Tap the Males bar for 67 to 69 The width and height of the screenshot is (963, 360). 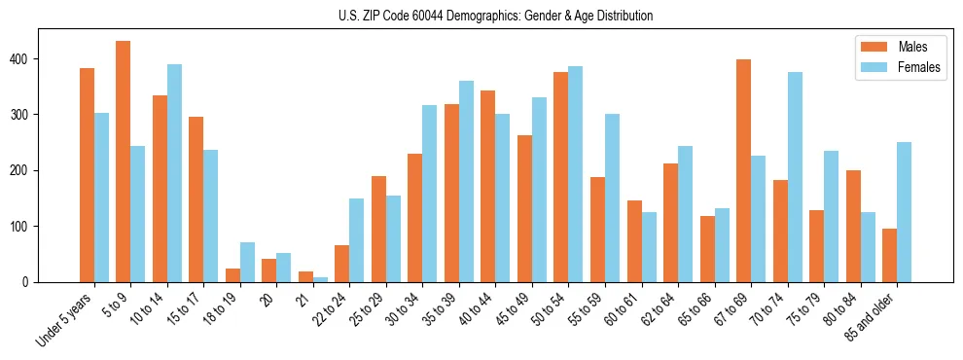[x=743, y=170]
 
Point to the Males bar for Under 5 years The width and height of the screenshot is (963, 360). [x=87, y=175]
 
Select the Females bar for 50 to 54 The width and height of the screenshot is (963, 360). [x=576, y=186]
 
